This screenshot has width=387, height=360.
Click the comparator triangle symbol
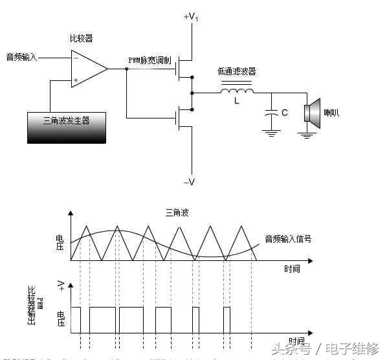(x=87, y=68)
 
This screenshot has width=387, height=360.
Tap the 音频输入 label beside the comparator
(x=22, y=58)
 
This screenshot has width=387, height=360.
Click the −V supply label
(x=189, y=182)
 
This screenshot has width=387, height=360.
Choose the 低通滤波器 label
(x=236, y=72)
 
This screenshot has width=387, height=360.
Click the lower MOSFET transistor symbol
(x=185, y=117)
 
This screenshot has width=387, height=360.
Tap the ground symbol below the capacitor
(x=270, y=133)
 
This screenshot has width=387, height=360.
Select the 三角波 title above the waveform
(x=175, y=212)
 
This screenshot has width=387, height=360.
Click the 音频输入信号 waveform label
(x=289, y=239)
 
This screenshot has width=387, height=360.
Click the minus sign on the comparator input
(x=76, y=58)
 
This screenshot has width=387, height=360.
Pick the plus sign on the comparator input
(x=76, y=80)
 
